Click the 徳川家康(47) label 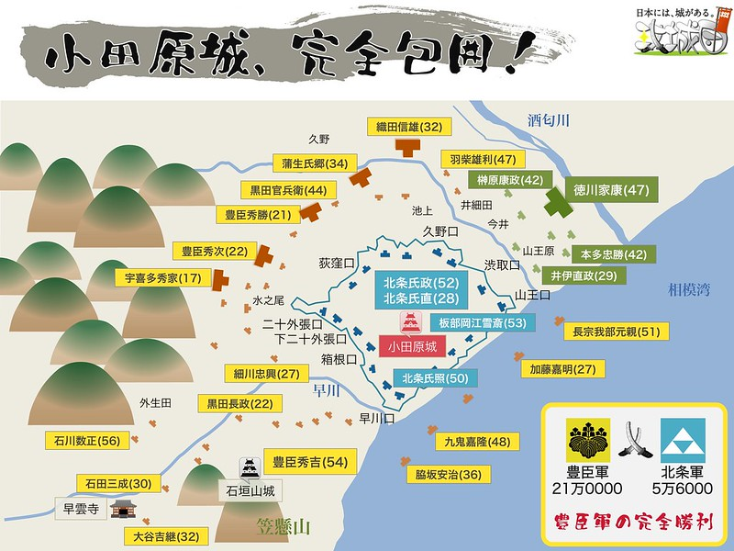[611, 191]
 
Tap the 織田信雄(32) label [405, 127]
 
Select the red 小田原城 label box [412, 347]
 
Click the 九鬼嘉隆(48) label [476, 442]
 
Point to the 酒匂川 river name [549, 120]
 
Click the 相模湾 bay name [691, 290]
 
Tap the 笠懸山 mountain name [285, 527]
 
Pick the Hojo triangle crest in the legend [684, 438]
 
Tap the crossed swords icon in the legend [635, 442]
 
